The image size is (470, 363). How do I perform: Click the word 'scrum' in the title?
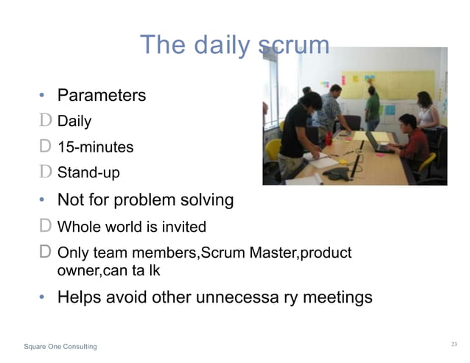point(293,46)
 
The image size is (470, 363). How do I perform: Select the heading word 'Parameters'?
point(102,96)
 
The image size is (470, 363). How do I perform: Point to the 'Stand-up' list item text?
point(88,174)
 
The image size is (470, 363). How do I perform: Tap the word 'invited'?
point(180,227)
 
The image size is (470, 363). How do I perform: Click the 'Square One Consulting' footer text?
point(60,346)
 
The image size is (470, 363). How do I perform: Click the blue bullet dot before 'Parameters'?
point(43,96)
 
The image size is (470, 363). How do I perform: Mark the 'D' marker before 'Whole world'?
point(45,227)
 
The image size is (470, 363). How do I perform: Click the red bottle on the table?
point(329,138)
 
